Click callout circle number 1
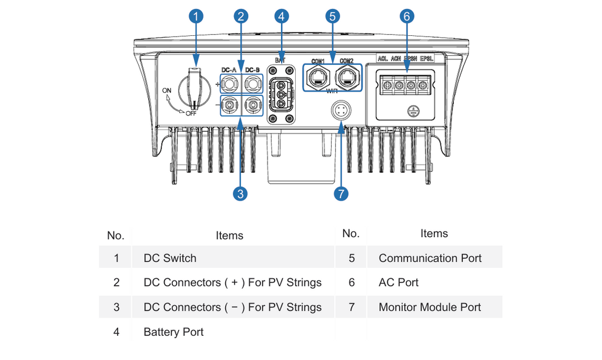click(x=196, y=16)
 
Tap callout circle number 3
click(x=240, y=194)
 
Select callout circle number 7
click(x=341, y=194)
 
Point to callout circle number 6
click(x=406, y=16)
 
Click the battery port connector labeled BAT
click(x=280, y=94)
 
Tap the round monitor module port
click(x=340, y=110)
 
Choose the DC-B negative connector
click(x=253, y=105)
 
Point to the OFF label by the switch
click(x=190, y=114)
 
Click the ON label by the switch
click(x=166, y=91)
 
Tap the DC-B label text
click(x=252, y=70)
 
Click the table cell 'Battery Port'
click(x=173, y=332)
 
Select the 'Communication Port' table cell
click(x=430, y=258)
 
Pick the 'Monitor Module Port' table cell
click(x=430, y=307)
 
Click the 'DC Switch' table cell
click(x=170, y=258)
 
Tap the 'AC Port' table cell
click(x=399, y=282)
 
